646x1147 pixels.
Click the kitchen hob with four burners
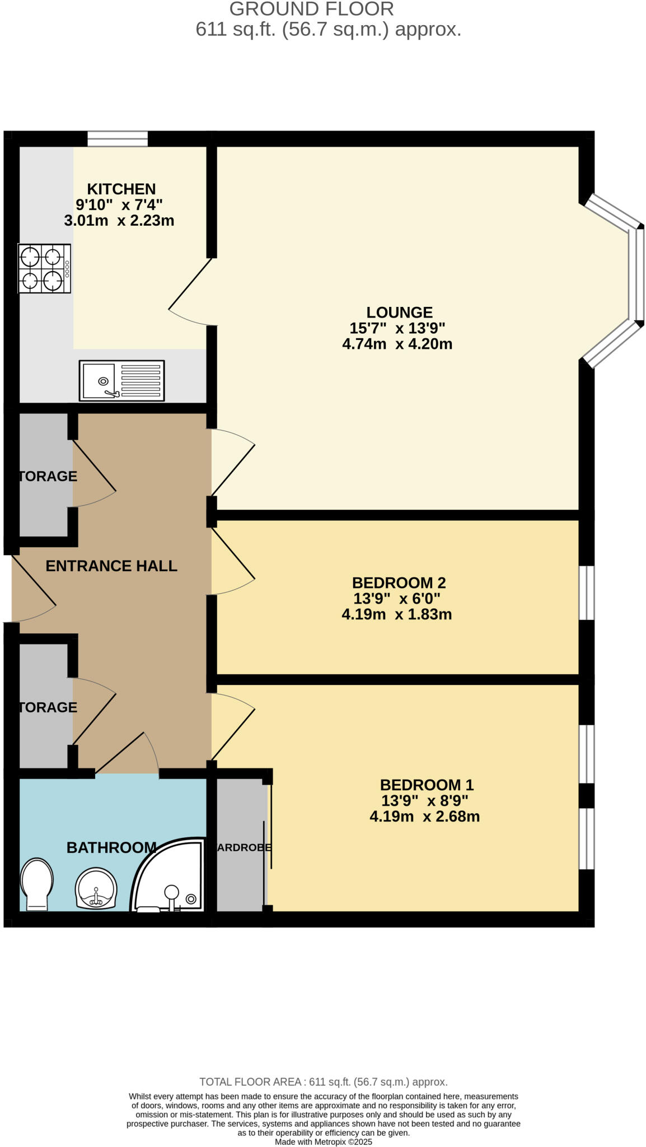tap(44, 268)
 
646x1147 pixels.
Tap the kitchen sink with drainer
tap(121, 380)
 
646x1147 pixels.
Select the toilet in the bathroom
tap(37, 884)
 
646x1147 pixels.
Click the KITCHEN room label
tap(121, 189)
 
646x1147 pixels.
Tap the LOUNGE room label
tap(399, 312)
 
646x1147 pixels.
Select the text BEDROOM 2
tap(399, 582)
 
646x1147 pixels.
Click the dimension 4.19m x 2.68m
tap(424, 816)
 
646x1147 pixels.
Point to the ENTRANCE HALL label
tap(111, 566)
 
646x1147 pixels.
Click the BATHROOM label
tap(111, 847)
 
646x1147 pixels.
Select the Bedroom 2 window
tap(586, 593)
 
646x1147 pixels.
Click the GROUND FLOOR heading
tap(311, 9)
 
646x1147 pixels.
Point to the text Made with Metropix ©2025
tap(323, 1141)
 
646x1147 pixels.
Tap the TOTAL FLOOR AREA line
tap(323, 1081)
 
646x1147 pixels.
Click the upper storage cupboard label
tap(48, 476)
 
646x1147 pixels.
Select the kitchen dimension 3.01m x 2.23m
tap(119, 220)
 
